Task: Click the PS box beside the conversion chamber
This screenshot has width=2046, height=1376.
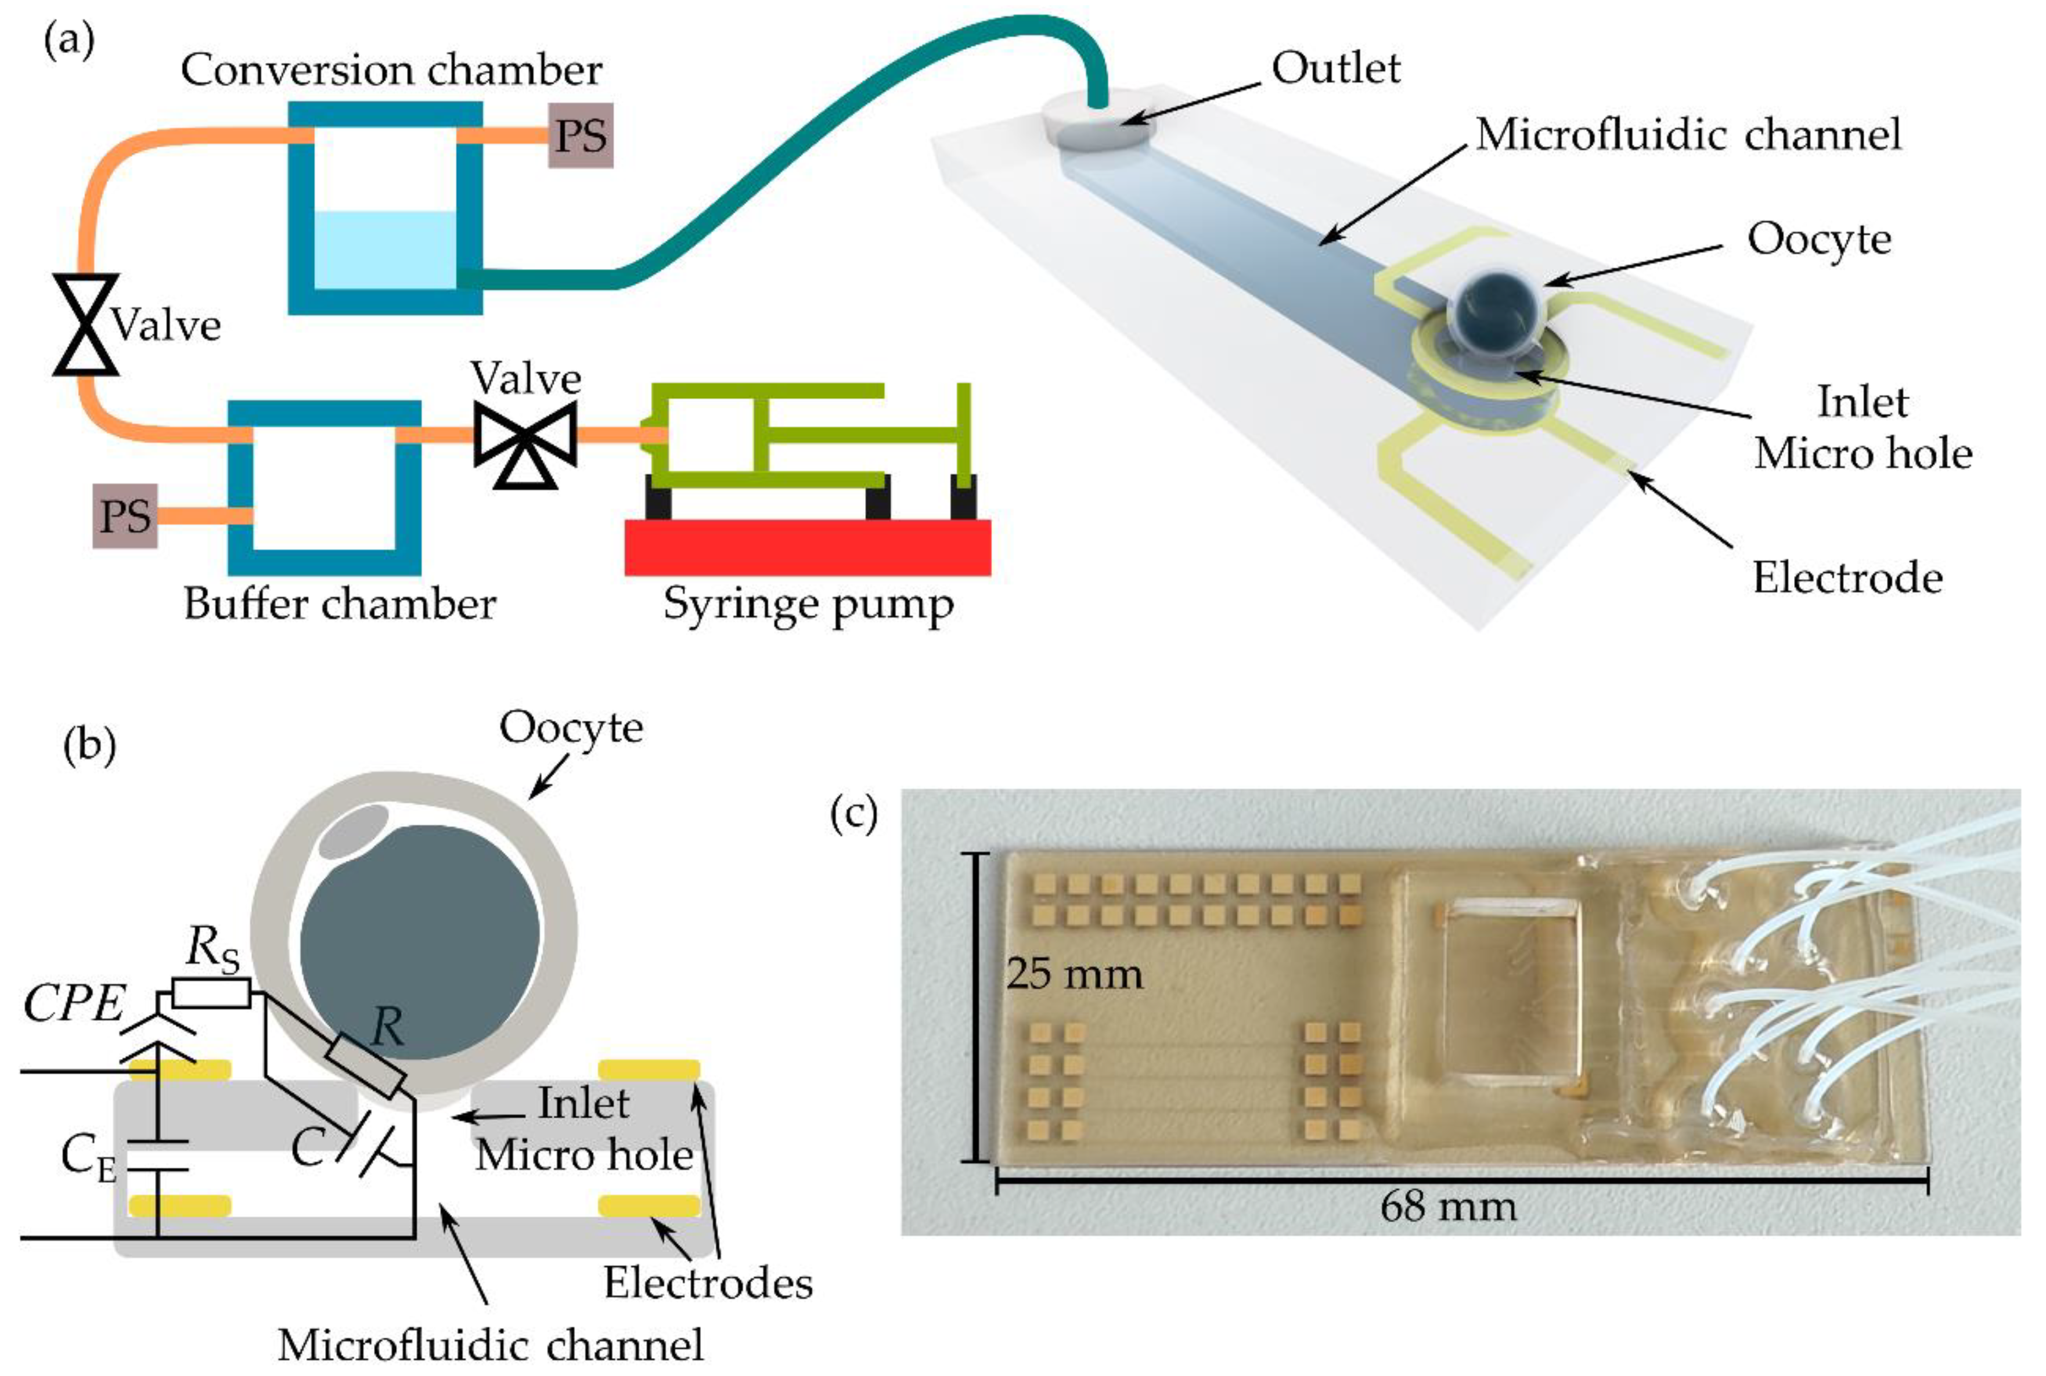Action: tap(580, 135)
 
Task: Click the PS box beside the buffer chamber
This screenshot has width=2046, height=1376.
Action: tap(125, 515)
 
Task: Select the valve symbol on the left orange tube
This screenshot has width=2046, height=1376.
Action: tap(85, 324)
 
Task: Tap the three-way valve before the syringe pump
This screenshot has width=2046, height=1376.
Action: tap(525, 436)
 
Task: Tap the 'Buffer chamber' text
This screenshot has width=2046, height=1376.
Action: tap(339, 604)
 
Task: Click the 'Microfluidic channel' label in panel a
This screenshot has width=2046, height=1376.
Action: tap(1688, 134)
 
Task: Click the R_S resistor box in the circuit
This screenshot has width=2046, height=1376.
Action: tap(211, 994)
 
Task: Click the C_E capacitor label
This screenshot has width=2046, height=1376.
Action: tap(87, 1158)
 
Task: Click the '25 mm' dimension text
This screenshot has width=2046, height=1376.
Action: tap(1074, 974)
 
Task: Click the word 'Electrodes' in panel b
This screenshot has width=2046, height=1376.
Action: tap(708, 1283)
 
